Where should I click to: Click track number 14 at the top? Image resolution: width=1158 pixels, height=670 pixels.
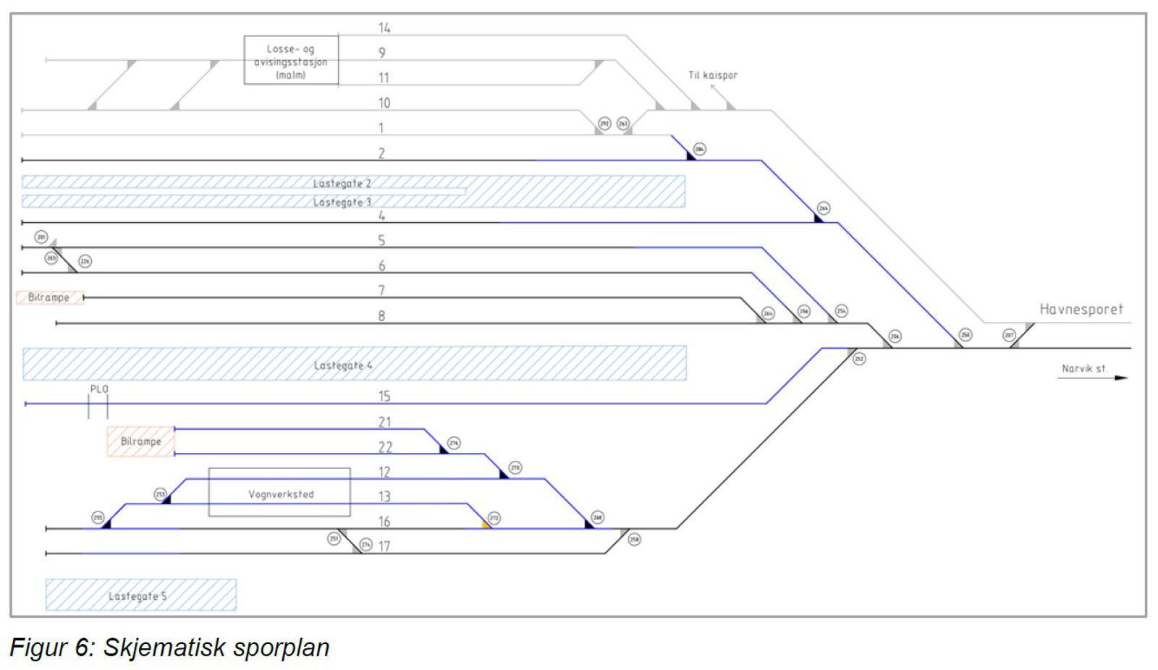pos(384,28)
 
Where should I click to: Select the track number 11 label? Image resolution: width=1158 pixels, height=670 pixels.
pos(383,77)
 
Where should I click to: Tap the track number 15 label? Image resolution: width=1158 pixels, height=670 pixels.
pos(384,396)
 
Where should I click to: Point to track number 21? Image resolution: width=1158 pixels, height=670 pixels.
pos(384,422)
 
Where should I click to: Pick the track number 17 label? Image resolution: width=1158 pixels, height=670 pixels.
pos(384,546)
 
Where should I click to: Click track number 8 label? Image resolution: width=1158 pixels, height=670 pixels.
pos(381,315)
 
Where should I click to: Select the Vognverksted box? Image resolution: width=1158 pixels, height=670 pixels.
pos(280,493)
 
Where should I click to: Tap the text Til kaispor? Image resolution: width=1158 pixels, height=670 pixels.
pos(713,75)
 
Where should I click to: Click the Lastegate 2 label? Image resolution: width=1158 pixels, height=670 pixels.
pos(342,183)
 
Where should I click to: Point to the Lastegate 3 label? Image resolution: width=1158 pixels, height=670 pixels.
pos(342,202)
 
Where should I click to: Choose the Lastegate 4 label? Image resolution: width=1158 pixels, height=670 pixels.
pos(343,365)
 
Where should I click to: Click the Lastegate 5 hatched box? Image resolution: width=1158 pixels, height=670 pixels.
pos(140,595)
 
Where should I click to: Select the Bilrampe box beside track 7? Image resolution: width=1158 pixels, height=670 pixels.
pos(49,297)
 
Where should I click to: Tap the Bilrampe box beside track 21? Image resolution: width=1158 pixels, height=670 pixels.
pos(140,441)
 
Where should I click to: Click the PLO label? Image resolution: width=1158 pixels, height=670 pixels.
pos(99,389)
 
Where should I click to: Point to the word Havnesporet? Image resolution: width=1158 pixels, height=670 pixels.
pos(1081,310)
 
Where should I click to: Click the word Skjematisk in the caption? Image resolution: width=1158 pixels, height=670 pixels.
pos(165,647)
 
